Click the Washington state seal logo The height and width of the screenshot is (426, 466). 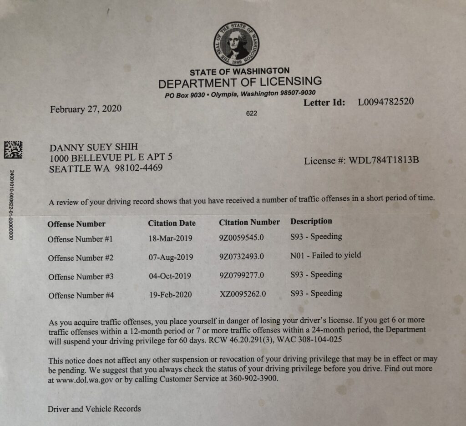(x=237, y=44)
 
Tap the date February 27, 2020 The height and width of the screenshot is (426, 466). (x=86, y=109)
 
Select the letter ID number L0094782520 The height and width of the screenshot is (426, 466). (x=386, y=102)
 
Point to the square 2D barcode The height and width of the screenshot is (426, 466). (x=13, y=150)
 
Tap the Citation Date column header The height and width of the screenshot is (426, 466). (x=172, y=223)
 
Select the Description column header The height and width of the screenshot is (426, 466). (x=311, y=221)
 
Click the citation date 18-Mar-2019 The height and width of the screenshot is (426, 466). (x=170, y=238)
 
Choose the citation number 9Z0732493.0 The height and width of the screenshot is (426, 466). (x=242, y=257)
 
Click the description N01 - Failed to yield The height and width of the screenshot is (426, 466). (x=325, y=255)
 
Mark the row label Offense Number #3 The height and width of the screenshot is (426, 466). (x=81, y=277)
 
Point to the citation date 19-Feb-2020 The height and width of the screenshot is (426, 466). (x=170, y=295)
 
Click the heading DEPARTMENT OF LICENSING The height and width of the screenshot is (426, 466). (x=240, y=83)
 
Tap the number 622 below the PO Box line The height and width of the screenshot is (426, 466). (x=252, y=113)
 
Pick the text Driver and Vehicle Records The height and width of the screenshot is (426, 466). (x=94, y=409)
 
